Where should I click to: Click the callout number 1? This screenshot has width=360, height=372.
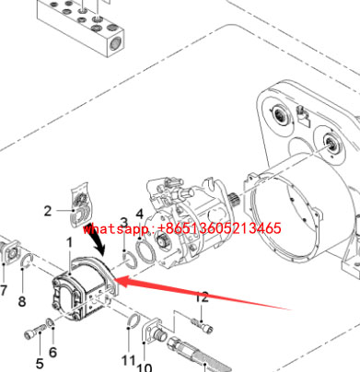point(70,243)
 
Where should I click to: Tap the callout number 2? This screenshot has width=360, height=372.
point(48,211)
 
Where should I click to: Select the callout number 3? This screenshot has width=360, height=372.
point(123,223)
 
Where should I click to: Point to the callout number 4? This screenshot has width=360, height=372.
point(140,214)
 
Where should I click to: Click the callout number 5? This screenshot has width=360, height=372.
point(40,364)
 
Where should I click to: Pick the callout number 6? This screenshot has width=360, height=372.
point(52,352)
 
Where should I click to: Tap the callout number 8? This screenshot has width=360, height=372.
point(22,301)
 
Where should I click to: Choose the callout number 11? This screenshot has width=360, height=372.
point(128,360)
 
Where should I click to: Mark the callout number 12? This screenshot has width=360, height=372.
point(202,297)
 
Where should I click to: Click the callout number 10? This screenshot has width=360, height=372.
point(144,367)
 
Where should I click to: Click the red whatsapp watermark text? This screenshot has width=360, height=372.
point(181,228)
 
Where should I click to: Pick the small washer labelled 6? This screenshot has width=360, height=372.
point(50,323)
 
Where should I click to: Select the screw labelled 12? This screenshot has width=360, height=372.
point(202,326)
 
